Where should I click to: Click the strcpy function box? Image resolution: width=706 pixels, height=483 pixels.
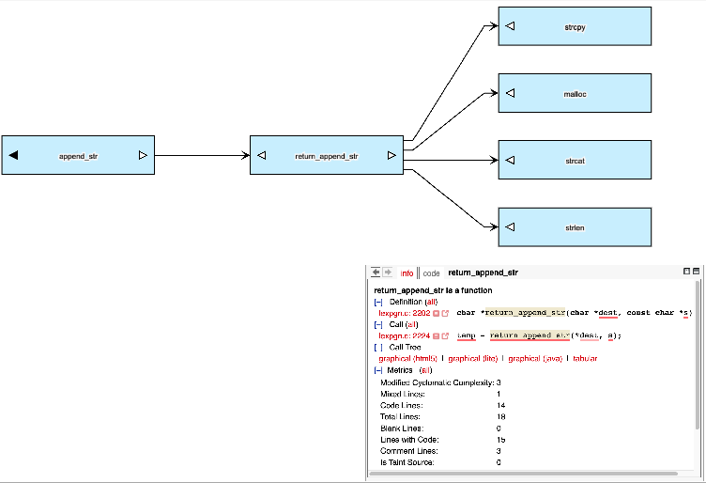575,26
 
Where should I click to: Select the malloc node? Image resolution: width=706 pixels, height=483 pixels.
575,93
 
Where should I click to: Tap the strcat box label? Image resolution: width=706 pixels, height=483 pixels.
575,161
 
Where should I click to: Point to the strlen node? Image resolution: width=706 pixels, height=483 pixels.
575,227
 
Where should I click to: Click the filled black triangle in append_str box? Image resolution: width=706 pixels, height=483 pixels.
13,155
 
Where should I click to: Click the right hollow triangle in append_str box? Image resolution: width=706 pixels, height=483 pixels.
143,155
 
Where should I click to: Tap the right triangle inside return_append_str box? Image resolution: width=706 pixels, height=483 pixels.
391,155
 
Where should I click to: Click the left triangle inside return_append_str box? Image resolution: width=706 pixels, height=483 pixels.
262,155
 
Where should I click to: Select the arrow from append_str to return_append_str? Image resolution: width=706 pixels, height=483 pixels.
202,155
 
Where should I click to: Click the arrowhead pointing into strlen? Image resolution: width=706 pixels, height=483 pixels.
492,226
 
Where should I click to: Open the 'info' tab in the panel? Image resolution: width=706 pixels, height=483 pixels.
407,273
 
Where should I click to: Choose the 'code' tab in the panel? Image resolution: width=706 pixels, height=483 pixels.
431,273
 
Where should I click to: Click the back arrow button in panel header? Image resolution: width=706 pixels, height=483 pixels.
376,273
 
